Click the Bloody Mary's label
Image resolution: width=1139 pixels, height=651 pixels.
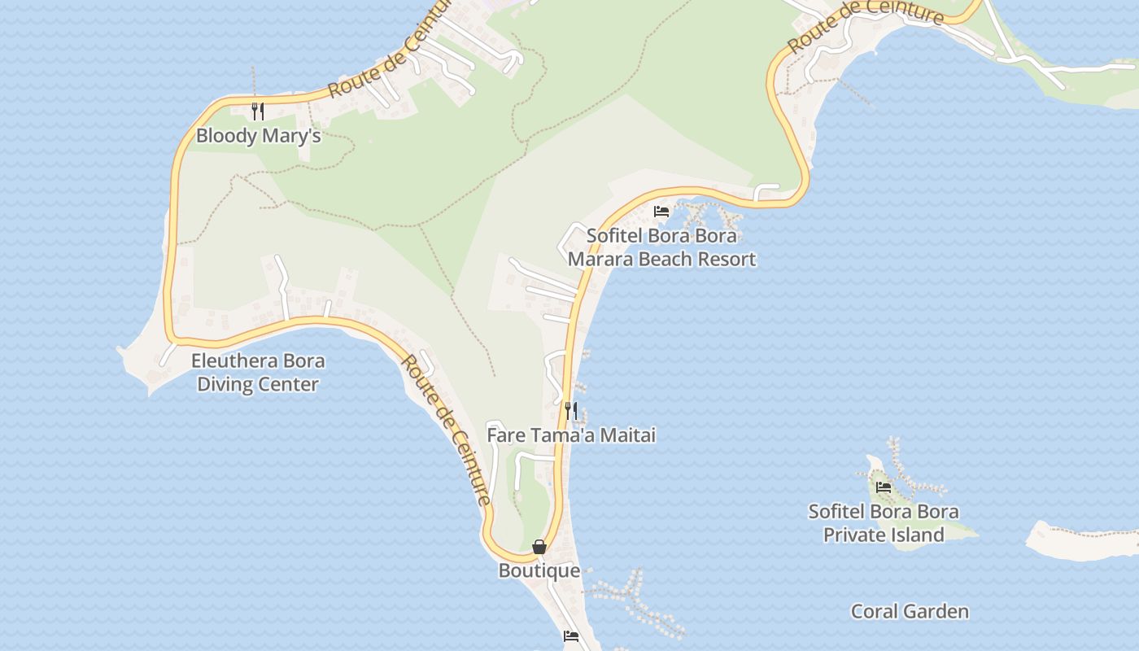(258, 135)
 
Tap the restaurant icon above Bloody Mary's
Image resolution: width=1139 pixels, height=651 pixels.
(257, 111)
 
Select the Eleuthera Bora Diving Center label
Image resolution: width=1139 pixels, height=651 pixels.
(258, 372)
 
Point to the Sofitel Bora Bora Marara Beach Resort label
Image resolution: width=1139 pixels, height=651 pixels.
(661, 247)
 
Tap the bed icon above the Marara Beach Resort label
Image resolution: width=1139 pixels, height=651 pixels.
(661, 212)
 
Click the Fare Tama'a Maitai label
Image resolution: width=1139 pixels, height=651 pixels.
(571, 435)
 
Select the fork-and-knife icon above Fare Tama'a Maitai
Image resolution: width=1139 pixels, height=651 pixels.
(571, 410)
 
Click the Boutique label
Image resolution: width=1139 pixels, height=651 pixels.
(539, 570)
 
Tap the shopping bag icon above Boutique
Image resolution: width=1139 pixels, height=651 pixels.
(539, 547)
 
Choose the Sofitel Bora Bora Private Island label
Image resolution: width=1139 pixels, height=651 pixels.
(884, 523)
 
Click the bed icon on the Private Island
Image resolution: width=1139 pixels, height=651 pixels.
(884, 487)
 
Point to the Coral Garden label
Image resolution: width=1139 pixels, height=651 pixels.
(910, 611)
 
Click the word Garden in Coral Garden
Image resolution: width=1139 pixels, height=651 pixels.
(936, 611)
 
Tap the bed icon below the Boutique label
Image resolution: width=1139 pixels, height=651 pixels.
(571, 636)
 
